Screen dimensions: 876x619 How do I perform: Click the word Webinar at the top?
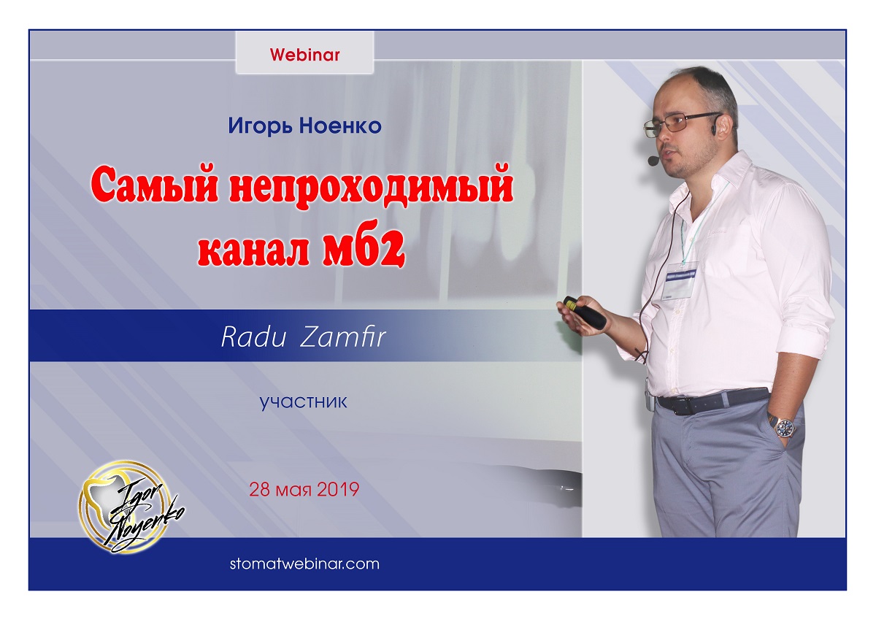(x=304, y=55)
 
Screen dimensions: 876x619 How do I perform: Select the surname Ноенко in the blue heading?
(x=341, y=126)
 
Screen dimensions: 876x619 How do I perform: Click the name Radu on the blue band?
(x=253, y=337)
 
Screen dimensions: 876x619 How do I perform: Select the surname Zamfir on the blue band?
(x=343, y=337)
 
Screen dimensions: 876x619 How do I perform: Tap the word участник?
(x=304, y=402)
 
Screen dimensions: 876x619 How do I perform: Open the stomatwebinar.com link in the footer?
(x=304, y=564)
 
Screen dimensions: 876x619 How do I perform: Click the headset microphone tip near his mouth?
(x=653, y=160)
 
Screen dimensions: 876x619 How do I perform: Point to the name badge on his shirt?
(x=680, y=280)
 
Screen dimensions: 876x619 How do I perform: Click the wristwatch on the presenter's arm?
(x=785, y=426)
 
